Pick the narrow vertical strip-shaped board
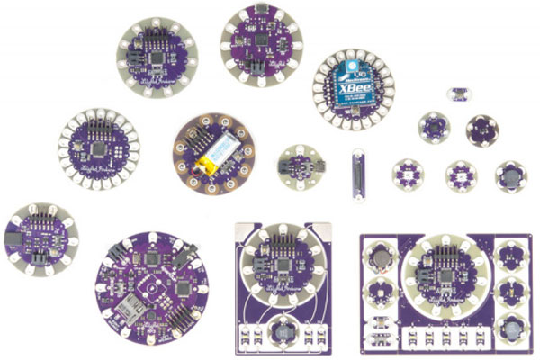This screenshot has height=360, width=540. click(x=357, y=170)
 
